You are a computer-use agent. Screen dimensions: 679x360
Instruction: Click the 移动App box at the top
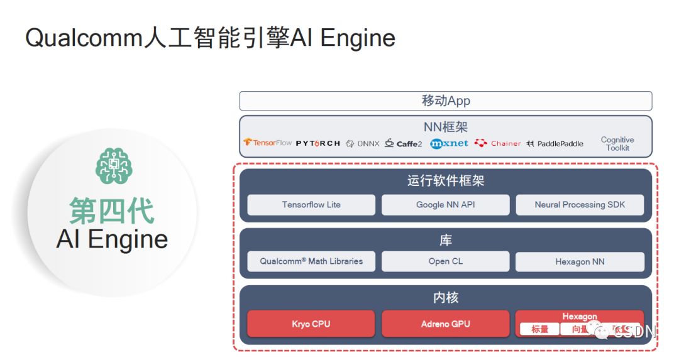point(445,101)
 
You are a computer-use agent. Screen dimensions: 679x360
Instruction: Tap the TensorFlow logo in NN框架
point(268,143)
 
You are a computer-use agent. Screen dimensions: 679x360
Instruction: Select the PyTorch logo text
point(317,143)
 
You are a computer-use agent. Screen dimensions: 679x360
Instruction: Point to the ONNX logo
point(363,143)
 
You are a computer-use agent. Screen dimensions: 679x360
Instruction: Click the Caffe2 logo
point(404,143)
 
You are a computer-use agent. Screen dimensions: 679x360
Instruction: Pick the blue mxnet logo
point(449,143)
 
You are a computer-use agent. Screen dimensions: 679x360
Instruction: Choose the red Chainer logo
point(498,143)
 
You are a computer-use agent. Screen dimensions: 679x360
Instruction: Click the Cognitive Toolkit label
point(617,144)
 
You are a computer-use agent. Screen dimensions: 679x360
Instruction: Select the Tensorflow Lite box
point(311,205)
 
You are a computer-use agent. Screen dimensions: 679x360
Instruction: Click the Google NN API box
point(446,205)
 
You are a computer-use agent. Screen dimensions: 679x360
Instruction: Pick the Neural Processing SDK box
point(580,205)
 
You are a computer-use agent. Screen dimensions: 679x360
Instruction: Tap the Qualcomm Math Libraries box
point(311,261)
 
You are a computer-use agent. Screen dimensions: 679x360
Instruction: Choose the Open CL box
point(446,261)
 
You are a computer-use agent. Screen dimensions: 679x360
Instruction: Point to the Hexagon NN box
point(580,262)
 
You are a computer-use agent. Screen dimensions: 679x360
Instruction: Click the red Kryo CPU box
point(311,324)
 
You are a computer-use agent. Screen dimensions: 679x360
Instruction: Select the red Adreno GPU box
point(446,324)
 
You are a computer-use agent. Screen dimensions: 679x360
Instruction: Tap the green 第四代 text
point(112,210)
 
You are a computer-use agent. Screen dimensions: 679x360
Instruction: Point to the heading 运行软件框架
point(446,182)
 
